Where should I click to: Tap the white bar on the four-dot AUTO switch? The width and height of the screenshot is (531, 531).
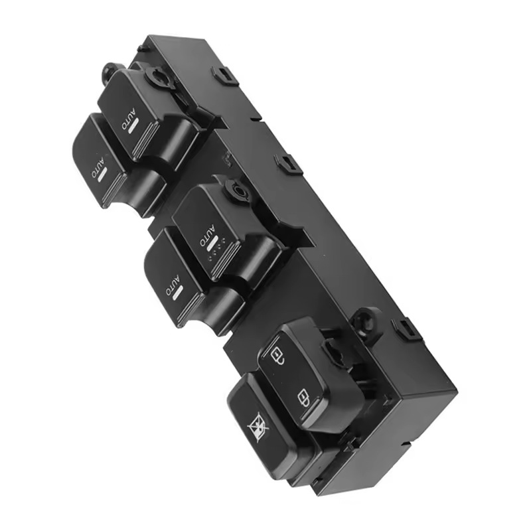coord(213,245)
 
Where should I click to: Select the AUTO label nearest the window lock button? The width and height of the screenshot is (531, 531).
coord(172,285)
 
